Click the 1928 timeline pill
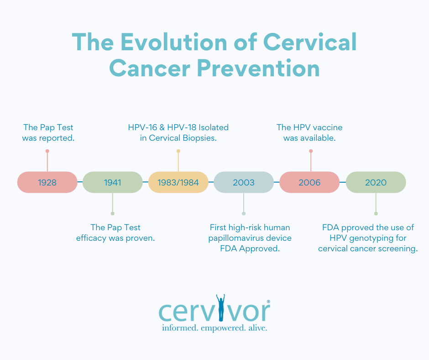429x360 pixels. pyautogui.click(x=47, y=182)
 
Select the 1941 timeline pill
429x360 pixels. pyautogui.click(x=113, y=182)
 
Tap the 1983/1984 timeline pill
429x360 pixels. pyautogui.click(x=178, y=182)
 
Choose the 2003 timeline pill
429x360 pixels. pyautogui.click(x=244, y=182)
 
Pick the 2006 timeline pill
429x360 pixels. pyautogui.click(x=309, y=182)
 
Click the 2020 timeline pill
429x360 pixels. pyautogui.click(x=376, y=182)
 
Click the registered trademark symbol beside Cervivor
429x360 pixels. pyautogui.click(x=268, y=302)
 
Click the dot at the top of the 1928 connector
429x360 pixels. pyautogui.click(x=47, y=151)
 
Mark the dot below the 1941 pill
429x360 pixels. pyautogui.click(x=113, y=213)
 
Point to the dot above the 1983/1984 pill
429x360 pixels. pyautogui.click(x=178, y=151)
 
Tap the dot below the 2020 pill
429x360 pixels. pyautogui.click(x=376, y=213)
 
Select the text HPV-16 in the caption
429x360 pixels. pyautogui.click(x=142, y=127)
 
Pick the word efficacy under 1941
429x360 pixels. pyautogui.click(x=92, y=238)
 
